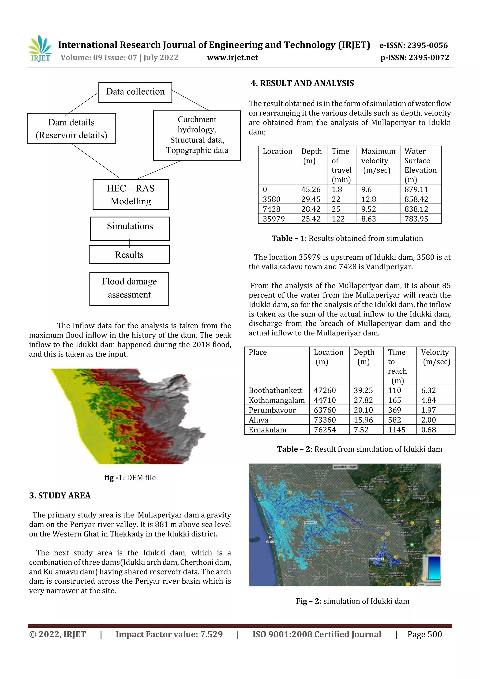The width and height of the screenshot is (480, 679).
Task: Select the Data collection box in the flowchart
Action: click(135, 92)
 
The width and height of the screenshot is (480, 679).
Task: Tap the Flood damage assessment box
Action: click(129, 288)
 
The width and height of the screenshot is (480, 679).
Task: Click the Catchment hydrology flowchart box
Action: click(197, 135)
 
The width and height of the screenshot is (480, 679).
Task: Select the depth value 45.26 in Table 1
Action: click(311, 189)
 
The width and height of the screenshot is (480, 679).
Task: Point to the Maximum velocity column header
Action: click(378, 160)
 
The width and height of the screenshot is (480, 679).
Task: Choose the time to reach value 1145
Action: click(397, 430)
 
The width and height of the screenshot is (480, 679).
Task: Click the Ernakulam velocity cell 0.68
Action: click(428, 430)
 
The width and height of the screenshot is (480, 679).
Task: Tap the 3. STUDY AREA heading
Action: click(60, 495)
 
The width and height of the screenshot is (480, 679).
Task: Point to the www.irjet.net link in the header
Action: click(232, 58)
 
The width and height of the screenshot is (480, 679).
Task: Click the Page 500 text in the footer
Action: click(424, 634)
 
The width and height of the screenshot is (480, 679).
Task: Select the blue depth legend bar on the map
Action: click(434, 568)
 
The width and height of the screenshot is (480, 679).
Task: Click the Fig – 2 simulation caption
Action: click(352, 601)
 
